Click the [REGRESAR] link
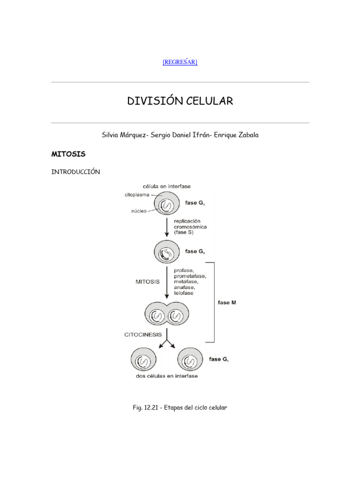tap(180, 62)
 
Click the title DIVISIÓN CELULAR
tap(180, 101)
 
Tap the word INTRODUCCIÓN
tap(75, 172)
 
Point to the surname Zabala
tap(245, 135)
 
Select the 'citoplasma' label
tap(137, 195)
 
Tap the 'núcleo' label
tap(139, 211)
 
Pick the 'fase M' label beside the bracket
tap(227, 303)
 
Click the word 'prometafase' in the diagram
tap(189, 276)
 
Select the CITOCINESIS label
tap(143, 335)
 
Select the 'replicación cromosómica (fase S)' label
tap(190, 226)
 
